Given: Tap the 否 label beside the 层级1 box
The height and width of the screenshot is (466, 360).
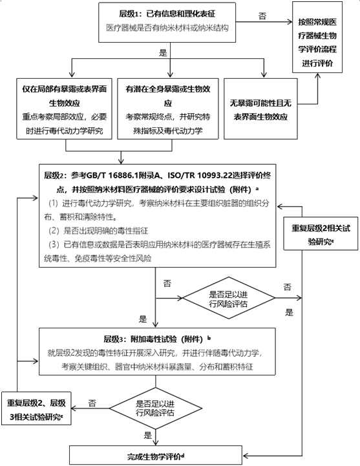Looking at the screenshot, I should pos(261,14).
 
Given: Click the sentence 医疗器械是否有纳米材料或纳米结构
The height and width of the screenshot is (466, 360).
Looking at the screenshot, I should pos(170,29).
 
